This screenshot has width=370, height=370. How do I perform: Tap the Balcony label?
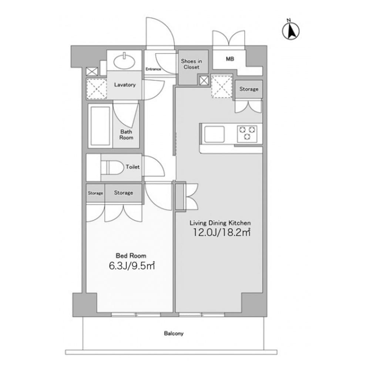coord(174,333)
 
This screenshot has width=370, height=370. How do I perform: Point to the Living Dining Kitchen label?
coord(220,223)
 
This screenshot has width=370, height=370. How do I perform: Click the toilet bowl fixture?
coord(112,168)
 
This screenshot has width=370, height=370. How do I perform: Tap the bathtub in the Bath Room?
coord(100,125)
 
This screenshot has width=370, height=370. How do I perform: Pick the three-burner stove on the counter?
coord(247,133)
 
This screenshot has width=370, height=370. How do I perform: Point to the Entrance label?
coord(153,69)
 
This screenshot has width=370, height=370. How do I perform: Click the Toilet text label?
coord(132,167)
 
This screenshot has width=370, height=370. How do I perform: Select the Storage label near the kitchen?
coord(249,89)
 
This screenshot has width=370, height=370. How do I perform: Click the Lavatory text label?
coord(125,85)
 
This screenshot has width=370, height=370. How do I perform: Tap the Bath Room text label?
coord(126,135)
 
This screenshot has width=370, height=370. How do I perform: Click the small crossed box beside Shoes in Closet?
coord(203,80)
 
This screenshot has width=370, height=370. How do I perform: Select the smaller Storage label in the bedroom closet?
coord(95,193)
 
